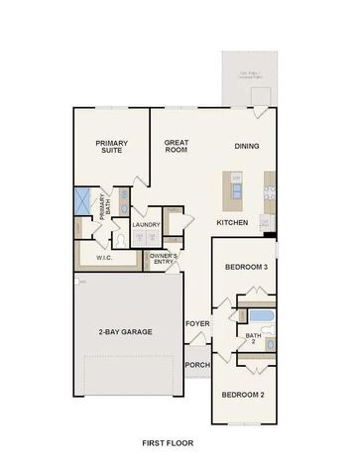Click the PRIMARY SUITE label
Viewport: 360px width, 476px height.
tap(112, 148)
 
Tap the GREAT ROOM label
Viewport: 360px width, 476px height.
tap(177, 147)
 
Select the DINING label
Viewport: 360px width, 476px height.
tap(247, 147)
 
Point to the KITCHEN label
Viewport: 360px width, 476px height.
tap(232, 222)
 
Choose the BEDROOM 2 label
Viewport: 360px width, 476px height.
tap(242, 395)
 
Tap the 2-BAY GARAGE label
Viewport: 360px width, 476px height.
tap(125, 331)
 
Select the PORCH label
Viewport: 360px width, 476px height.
tap(196, 364)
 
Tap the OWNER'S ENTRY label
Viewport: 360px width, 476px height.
tap(164, 259)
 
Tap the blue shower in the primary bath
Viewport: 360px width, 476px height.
tap(82, 201)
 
